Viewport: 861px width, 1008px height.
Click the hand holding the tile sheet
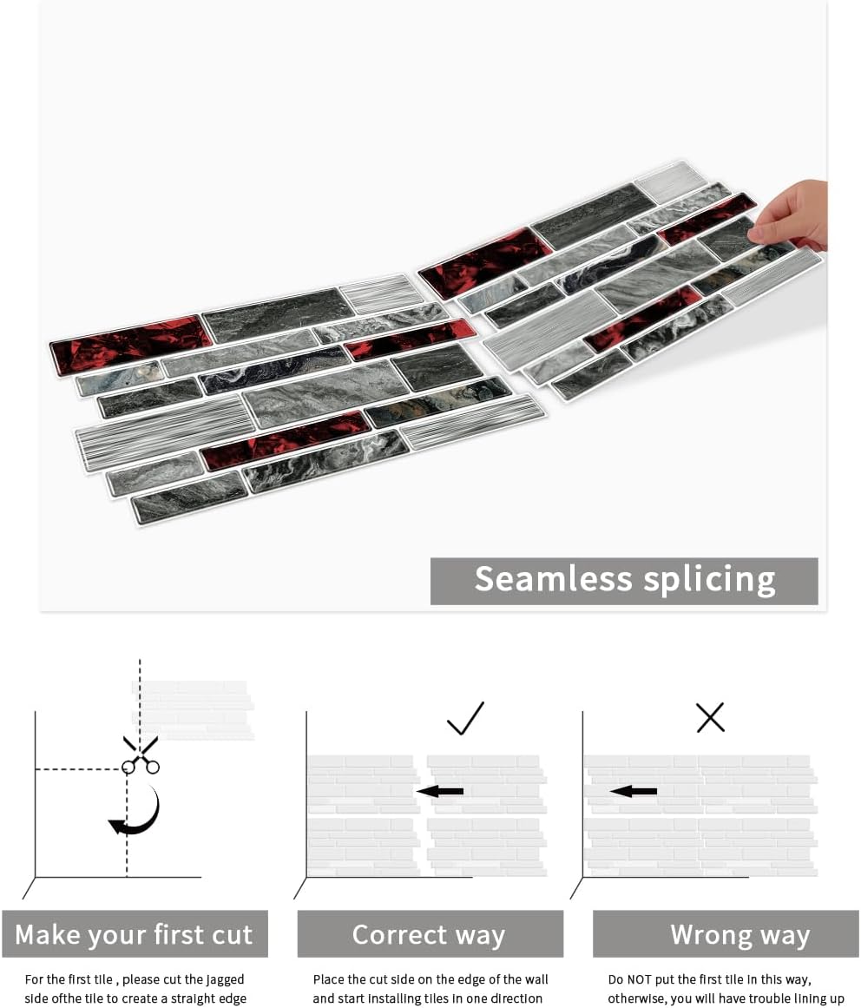point(793,215)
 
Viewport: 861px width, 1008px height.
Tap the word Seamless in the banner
point(553,578)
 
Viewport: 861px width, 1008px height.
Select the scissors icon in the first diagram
point(141,754)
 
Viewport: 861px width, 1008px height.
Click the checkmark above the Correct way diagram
point(465,718)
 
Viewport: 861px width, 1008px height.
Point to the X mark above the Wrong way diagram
point(710,717)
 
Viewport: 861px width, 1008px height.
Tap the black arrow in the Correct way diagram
point(439,791)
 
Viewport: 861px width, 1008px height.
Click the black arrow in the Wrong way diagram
point(634,791)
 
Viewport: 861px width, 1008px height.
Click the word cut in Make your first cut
point(230,935)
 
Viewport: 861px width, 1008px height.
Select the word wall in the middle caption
point(536,979)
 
